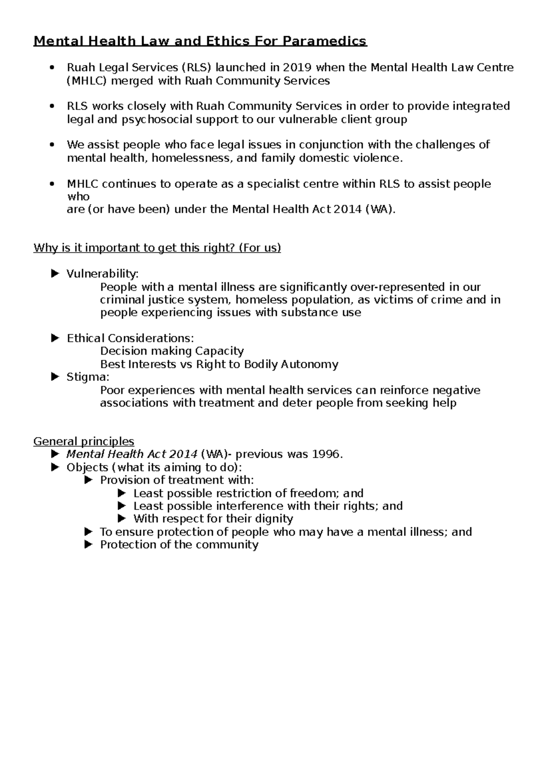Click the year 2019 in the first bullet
tap(297, 67)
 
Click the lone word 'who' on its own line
tap(78, 197)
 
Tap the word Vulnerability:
tap(102, 274)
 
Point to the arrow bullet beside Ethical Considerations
tap(55, 338)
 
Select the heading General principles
tap(84, 441)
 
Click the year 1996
tap(327, 454)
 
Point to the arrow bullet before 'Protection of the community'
tap(89, 544)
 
